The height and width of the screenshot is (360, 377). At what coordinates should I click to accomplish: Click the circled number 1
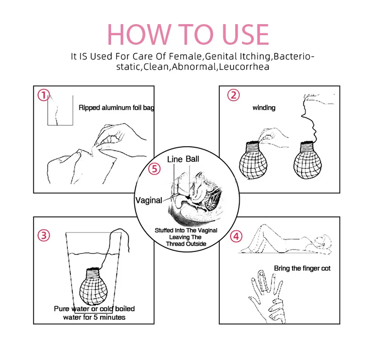[x=44, y=95]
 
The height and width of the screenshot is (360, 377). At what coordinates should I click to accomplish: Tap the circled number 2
[x=233, y=95]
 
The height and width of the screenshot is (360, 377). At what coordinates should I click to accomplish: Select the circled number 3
[x=44, y=235]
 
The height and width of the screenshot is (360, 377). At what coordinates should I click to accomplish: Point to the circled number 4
[x=236, y=236]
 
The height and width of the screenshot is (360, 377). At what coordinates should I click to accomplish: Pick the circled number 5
[x=154, y=169]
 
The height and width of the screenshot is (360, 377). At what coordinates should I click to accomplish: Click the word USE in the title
[x=245, y=34]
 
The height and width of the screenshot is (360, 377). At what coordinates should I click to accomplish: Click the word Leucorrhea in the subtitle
[x=244, y=66]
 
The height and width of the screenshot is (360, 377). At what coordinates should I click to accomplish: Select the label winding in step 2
[x=264, y=108]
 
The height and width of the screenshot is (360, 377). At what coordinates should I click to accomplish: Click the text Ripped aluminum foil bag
[x=117, y=108]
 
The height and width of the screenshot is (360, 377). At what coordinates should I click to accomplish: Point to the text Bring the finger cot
[x=302, y=268]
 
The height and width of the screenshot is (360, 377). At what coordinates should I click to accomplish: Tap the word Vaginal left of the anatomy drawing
[x=149, y=200]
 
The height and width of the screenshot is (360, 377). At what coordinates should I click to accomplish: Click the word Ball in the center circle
[x=193, y=159]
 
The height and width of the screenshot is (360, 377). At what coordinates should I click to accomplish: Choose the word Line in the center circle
[x=175, y=159]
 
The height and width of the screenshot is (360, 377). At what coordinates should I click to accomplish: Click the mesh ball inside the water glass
[x=93, y=286]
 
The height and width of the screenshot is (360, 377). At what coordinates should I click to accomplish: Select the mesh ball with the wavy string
[x=308, y=160]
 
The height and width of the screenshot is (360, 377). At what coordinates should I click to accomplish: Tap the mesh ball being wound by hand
[x=253, y=160]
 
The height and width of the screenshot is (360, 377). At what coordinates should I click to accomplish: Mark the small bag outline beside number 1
[x=60, y=125]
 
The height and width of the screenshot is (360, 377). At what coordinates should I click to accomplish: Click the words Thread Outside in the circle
[x=186, y=244]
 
